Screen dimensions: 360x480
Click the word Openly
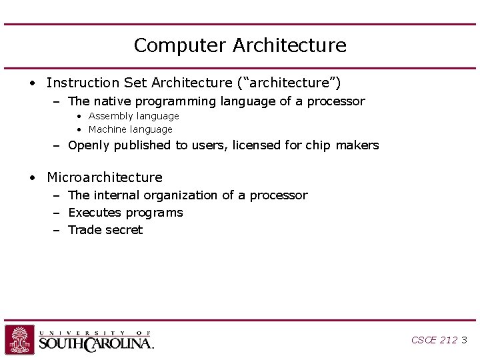pos(89,145)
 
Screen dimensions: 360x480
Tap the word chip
pos(317,145)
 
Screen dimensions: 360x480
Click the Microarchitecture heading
pos(105,177)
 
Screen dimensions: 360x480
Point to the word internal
pos(117,195)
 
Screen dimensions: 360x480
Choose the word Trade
pos(84,230)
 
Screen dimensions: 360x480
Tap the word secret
pos(124,230)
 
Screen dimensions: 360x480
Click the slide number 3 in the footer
pos(464,340)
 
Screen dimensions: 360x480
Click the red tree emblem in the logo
pos(19,339)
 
